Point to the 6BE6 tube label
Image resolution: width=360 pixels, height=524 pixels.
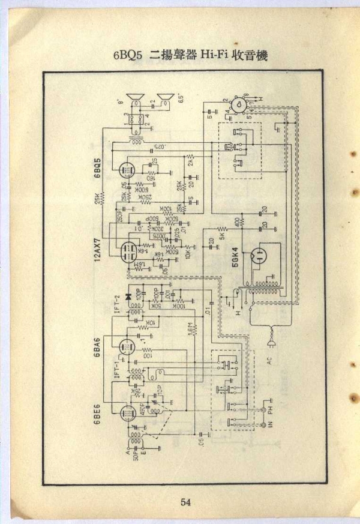pyautogui.click(x=97, y=413)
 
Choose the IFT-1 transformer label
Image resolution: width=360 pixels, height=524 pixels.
pyautogui.click(x=117, y=367)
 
